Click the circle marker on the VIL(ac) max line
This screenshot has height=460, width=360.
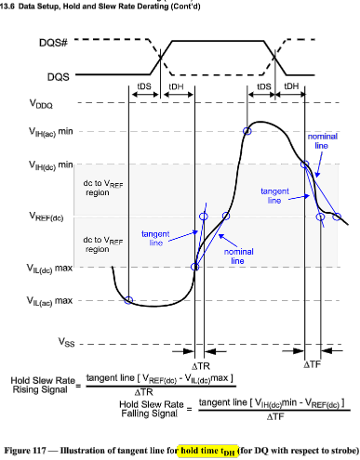point(128,300)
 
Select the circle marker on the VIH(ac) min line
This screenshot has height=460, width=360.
point(247,132)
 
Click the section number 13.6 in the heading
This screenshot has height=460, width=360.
point(7,5)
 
